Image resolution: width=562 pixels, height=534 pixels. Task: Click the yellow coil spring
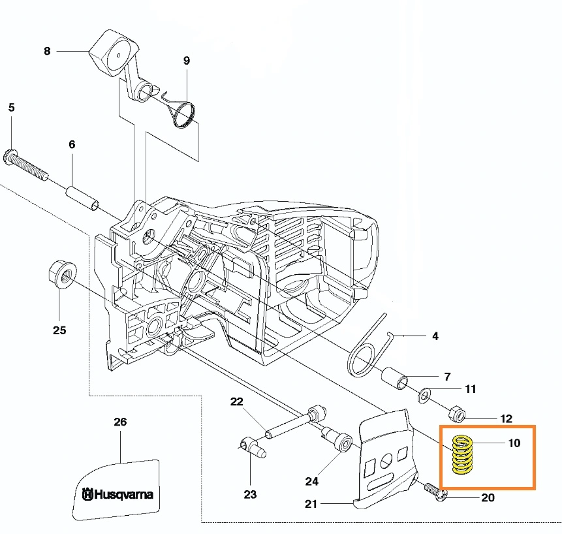(x=461, y=454)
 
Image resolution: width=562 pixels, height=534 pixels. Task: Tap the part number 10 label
(x=514, y=443)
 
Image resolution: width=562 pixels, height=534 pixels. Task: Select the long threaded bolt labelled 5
(x=25, y=164)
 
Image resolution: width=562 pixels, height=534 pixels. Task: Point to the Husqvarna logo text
(x=117, y=494)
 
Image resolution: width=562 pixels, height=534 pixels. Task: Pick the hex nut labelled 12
(x=457, y=414)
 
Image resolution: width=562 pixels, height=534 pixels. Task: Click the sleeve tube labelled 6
(x=82, y=197)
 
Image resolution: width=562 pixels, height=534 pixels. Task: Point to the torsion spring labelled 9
(x=181, y=110)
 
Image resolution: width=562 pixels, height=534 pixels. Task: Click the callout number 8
(x=47, y=52)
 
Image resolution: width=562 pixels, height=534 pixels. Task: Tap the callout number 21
(x=311, y=504)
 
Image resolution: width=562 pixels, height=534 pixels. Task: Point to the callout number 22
(x=236, y=401)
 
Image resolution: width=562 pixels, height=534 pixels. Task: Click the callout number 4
(x=435, y=336)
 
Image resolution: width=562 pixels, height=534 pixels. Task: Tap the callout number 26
(x=120, y=422)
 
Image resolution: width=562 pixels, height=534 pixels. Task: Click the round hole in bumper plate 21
(x=386, y=460)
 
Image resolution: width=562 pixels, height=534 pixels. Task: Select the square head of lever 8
(x=114, y=53)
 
